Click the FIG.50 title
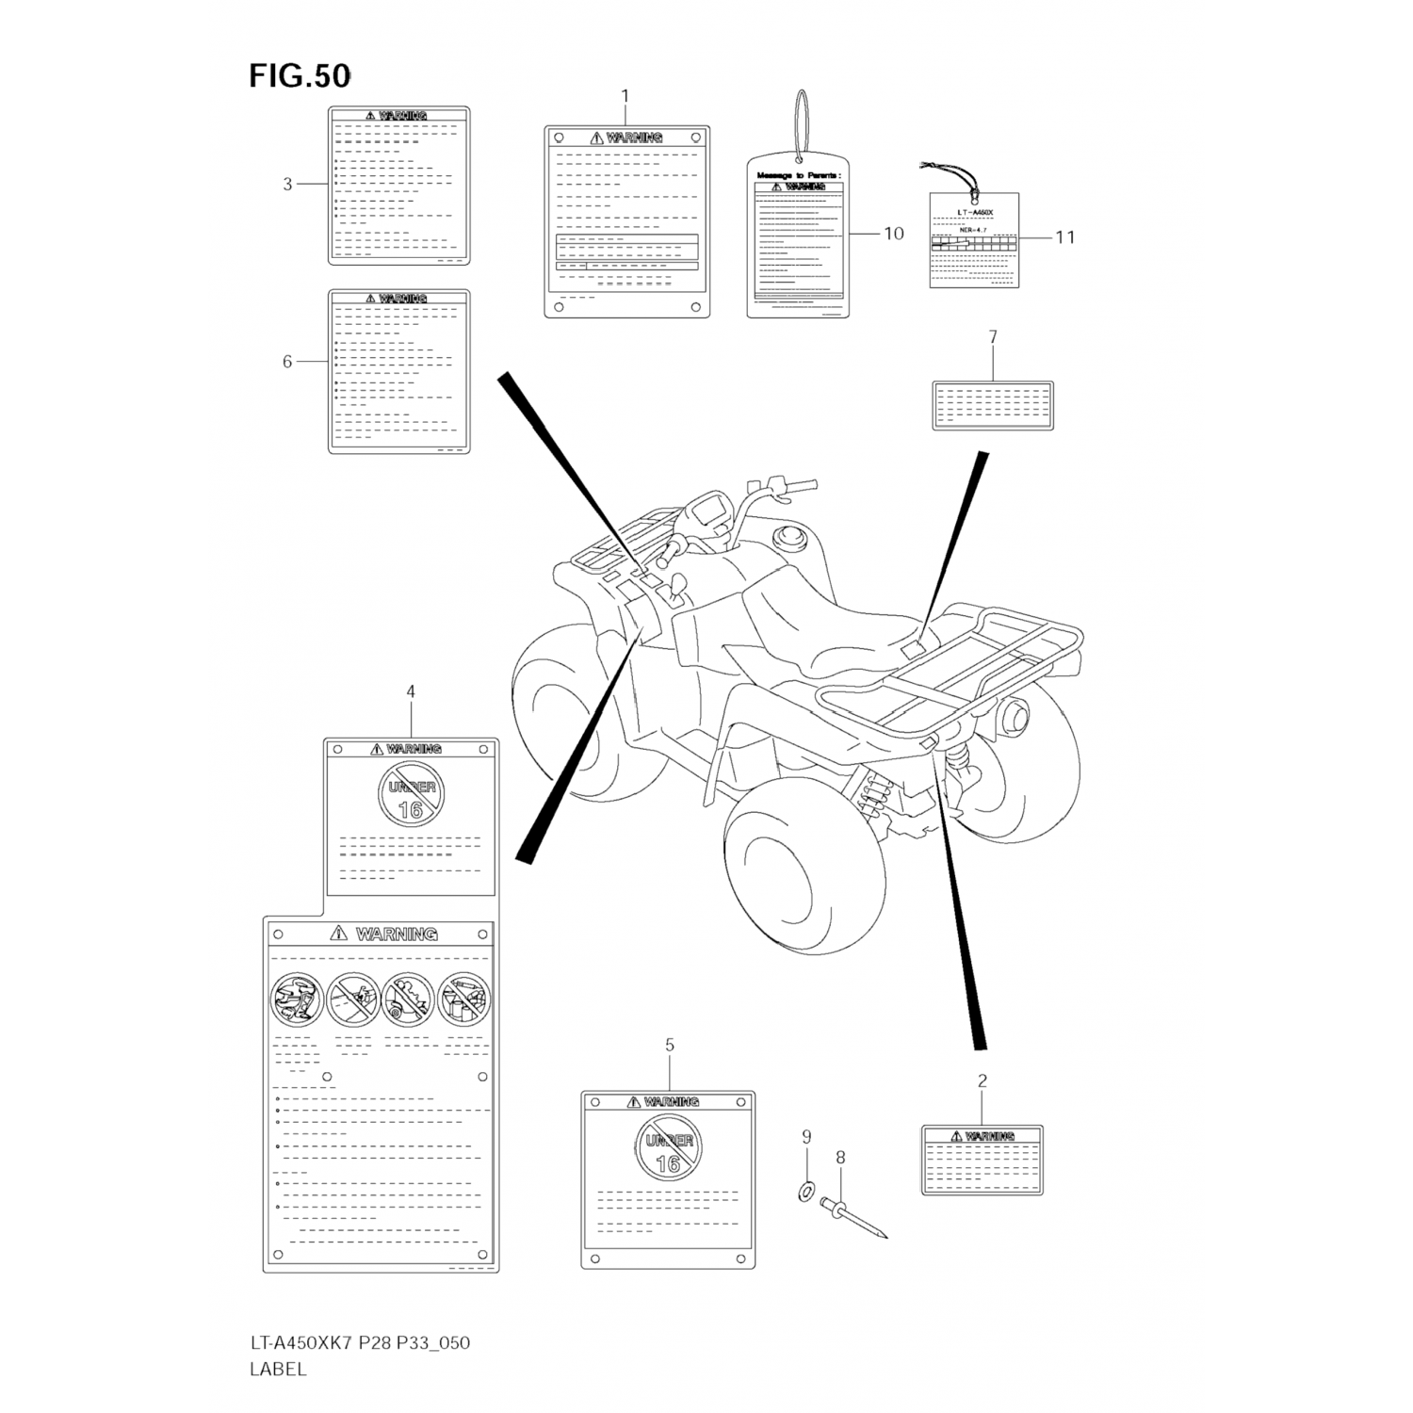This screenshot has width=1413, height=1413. pyautogui.click(x=300, y=76)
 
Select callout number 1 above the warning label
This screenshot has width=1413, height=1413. pyautogui.click(x=625, y=96)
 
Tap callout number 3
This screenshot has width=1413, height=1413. pyautogui.click(x=288, y=185)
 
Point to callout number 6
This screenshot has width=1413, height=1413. pyautogui.click(x=288, y=362)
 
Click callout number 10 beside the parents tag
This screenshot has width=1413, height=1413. pyautogui.click(x=893, y=234)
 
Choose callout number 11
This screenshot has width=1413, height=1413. pyautogui.click(x=1064, y=237)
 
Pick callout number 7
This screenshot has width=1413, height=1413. pyautogui.click(x=993, y=337)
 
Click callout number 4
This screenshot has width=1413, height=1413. pyautogui.click(x=411, y=692)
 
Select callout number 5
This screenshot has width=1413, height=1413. pyautogui.click(x=670, y=1046)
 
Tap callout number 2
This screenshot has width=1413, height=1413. pyautogui.click(x=982, y=1081)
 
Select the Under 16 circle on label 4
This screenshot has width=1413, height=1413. pyautogui.click(x=412, y=794)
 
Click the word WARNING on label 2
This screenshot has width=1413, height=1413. pyautogui.click(x=989, y=1136)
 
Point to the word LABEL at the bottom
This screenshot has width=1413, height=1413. pyautogui.click(x=278, y=1370)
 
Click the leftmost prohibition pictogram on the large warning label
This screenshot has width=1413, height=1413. pyautogui.click(x=296, y=999)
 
